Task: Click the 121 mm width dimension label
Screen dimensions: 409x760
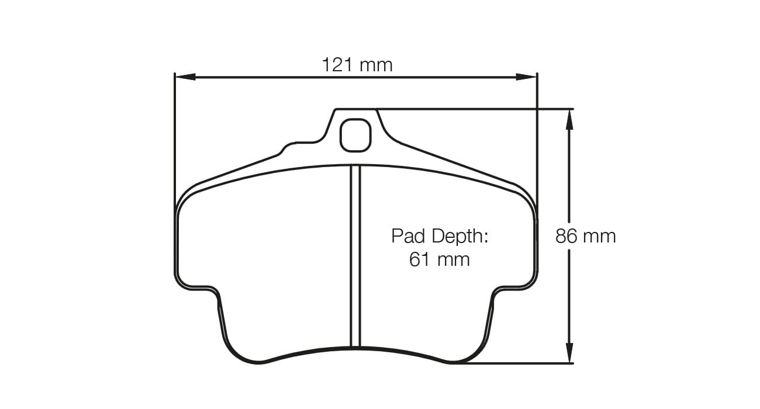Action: pyautogui.click(x=357, y=64)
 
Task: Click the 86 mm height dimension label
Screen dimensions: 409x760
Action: pyautogui.click(x=585, y=236)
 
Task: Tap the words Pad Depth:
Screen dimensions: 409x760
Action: pyautogui.click(x=439, y=237)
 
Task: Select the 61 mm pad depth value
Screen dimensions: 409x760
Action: pyautogui.click(x=439, y=259)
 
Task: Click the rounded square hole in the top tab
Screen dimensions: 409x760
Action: pyautogui.click(x=355, y=134)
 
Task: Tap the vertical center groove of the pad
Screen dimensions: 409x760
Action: pyautogui.click(x=355, y=257)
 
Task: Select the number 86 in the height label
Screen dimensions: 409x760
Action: pyautogui.click(x=566, y=236)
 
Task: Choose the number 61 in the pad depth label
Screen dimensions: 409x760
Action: pyautogui.click(x=420, y=259)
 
